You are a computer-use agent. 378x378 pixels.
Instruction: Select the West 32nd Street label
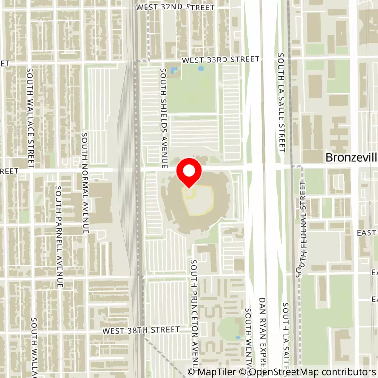175,8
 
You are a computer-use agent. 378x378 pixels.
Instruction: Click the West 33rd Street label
221,60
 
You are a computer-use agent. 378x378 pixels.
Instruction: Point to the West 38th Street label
141,329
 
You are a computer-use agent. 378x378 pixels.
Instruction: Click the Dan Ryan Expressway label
263,333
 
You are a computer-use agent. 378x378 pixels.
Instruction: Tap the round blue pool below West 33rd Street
201,69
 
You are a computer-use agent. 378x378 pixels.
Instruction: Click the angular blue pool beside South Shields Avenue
174,71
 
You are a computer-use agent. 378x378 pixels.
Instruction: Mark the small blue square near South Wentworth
237,338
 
